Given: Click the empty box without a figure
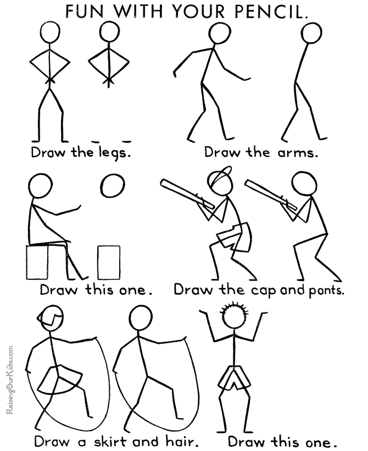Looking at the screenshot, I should click(x=109, y=262).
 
